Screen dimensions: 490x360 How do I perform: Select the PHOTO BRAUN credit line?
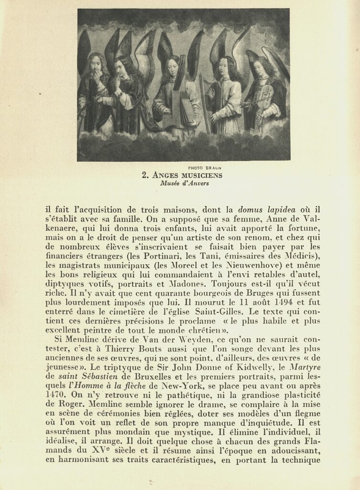(205, 167)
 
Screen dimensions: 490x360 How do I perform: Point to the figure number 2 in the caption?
(144, 176)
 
